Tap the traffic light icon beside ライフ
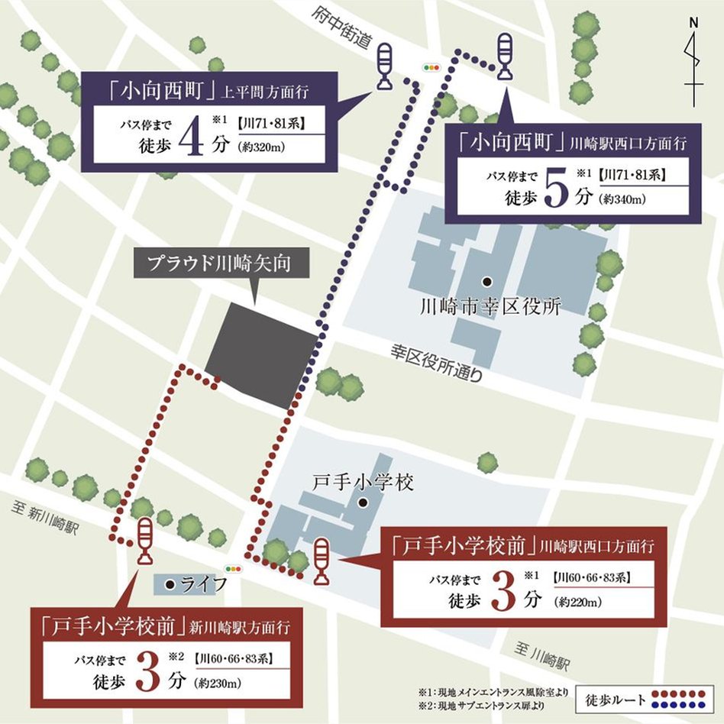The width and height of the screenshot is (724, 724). point(233,569)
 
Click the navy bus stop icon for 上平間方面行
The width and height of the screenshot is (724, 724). point(384,66)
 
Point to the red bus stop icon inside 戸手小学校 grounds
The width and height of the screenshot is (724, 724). point(323,559)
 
